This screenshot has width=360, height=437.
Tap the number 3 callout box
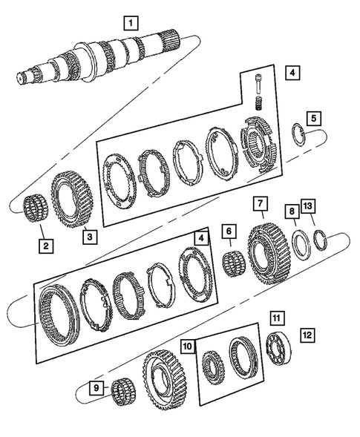[x=88, y=237]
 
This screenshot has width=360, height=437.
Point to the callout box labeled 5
[x=315, y=118]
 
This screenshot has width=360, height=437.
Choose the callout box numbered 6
[x=229, y=232]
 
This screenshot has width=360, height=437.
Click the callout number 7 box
[x=258, y=203]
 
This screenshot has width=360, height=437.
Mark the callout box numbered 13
[x=308, y=205]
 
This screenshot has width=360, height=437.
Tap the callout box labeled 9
[x=96, y=387]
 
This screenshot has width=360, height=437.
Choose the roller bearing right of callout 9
[x=121, y=392]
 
